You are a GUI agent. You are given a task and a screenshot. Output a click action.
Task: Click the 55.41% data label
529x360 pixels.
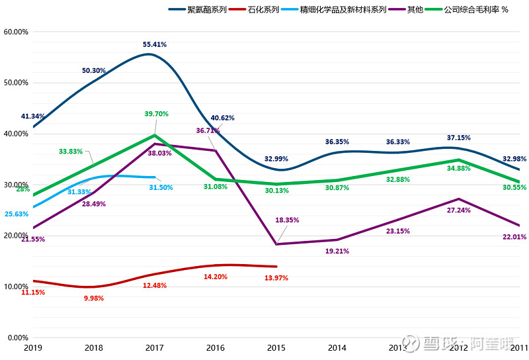[155, 44]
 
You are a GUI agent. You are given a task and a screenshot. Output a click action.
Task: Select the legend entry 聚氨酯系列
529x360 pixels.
[206, 10]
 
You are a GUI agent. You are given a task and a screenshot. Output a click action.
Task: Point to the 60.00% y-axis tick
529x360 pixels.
[16, 32]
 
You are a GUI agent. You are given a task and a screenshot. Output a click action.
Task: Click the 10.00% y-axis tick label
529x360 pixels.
[16, 287]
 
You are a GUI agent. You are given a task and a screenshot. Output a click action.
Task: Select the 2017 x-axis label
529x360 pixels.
[155, 347]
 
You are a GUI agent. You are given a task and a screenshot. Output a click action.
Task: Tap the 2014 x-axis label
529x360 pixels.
[337, 347]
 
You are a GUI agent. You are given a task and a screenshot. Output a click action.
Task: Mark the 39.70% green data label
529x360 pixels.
[156, 114]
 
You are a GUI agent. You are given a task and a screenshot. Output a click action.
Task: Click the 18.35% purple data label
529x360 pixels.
[288, 220]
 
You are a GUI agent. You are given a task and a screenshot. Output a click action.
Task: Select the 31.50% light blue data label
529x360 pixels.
[161, 187]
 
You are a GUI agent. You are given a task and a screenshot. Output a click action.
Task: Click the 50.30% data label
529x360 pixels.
[94, 70]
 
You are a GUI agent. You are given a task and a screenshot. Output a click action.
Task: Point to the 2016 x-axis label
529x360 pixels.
[216, 347]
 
